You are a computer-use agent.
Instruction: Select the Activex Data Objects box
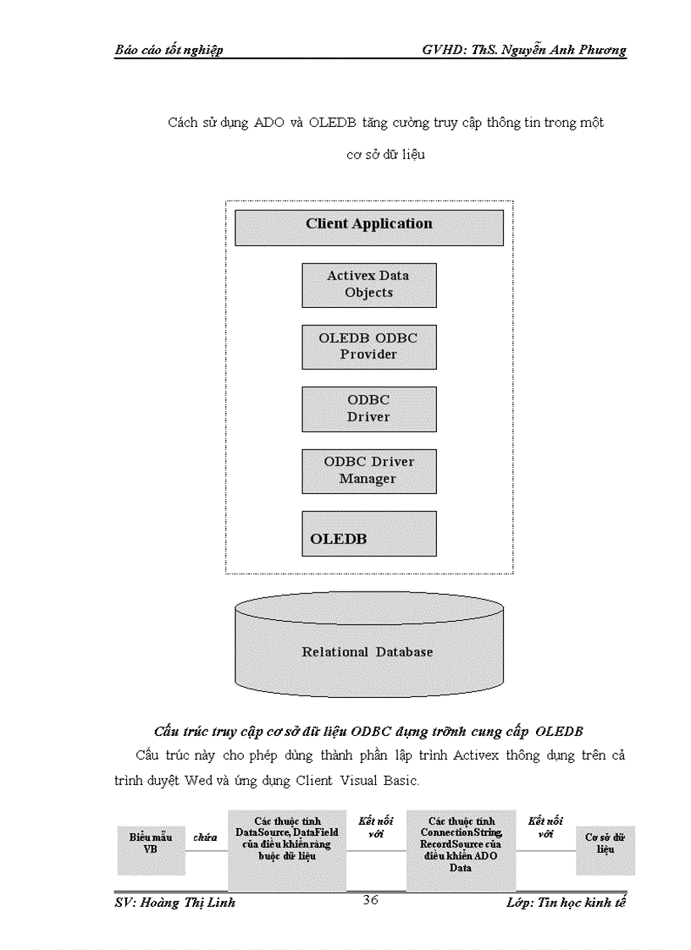[368, 284]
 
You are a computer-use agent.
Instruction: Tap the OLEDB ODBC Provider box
[368, 346]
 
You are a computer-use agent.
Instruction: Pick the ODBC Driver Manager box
[368, 470]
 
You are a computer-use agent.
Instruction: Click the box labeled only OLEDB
[368, 533]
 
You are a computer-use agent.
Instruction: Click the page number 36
[370, 900]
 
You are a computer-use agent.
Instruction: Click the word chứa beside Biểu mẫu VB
[205, 837]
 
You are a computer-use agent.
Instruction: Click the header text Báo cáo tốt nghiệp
[169, 50]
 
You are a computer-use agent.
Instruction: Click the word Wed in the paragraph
[198, 780]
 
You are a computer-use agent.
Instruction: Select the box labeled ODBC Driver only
[368, 409]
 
